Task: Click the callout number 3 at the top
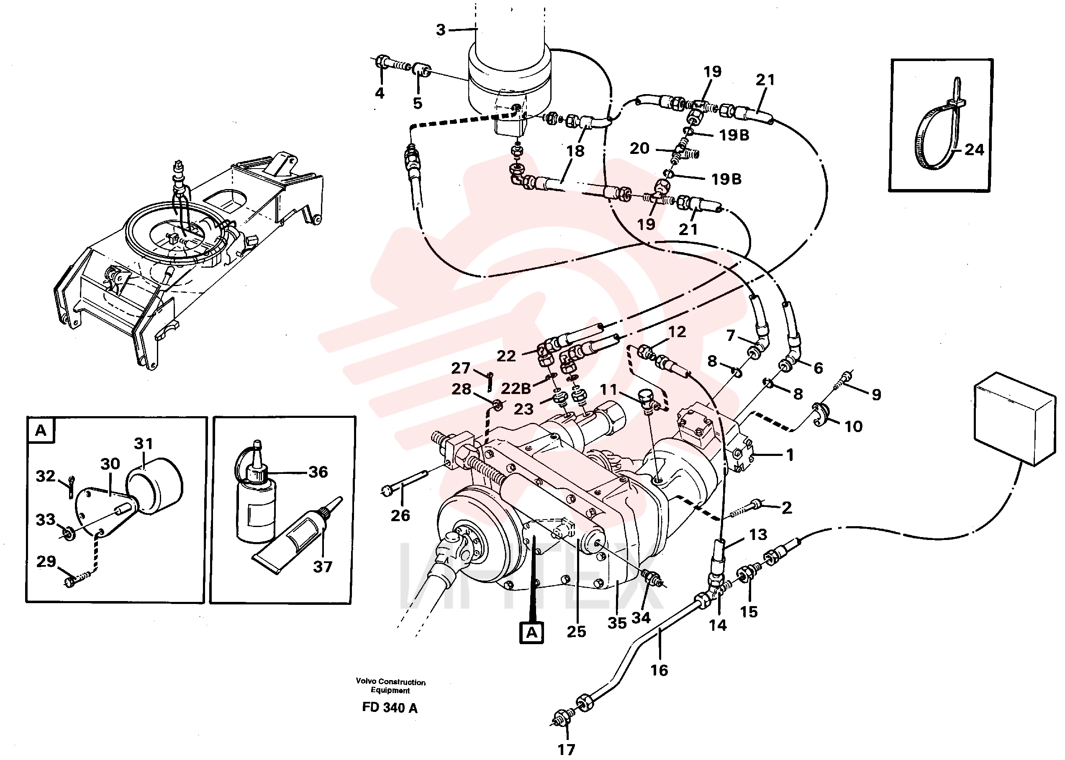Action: coord(441,30)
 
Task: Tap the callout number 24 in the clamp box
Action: coord(974,150)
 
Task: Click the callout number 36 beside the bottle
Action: coord(318,472)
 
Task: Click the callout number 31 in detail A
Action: coord(143,443)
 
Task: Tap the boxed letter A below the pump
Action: coord(532,633)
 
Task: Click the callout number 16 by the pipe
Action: coord(659,670)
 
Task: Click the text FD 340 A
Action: coord(390,708)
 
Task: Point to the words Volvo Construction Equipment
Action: coord(390,686)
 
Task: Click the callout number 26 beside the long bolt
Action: coord(400,516)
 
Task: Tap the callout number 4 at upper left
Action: coord(380,93)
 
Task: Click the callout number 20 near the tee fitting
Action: coord(639,148)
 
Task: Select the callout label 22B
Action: coord(516,389)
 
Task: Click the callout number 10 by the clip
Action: coord(853,426)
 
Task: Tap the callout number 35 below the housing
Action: coord(617,623)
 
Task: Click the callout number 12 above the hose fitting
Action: coord(677,332)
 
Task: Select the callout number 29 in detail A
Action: coord(46,561)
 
